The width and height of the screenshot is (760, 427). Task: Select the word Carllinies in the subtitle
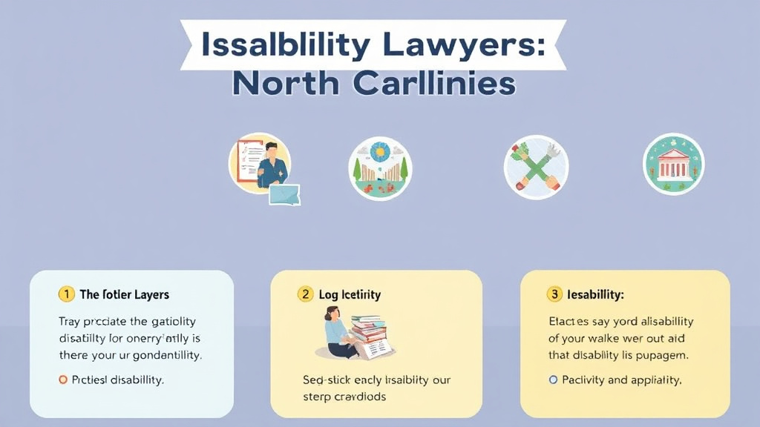(433, 84)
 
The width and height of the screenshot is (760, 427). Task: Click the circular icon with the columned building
(673, 164)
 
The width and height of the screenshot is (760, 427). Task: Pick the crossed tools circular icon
(536, 167)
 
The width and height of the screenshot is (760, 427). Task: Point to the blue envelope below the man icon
(284, 194)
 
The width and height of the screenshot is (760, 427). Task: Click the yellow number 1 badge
(66, 294)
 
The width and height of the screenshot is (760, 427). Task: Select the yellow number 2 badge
(305, 294)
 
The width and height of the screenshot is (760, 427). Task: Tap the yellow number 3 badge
(554, 294)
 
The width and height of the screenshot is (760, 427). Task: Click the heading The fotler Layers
(124, 294)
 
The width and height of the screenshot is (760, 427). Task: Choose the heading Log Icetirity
(350, 294)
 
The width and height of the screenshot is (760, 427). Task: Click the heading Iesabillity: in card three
(595, 294)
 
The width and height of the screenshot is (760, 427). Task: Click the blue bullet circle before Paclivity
(552, 380)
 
